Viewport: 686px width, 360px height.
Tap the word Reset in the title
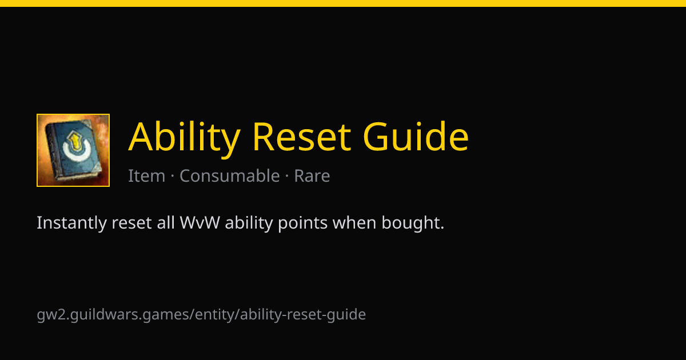301,137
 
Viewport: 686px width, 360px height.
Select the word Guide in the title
416,136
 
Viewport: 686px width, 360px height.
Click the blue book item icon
73,150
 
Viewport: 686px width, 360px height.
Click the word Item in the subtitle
146,176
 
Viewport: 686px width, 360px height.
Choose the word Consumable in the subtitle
230,176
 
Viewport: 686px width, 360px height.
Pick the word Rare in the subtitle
312,176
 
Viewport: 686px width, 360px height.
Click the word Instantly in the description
71,223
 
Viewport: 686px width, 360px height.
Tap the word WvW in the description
200,222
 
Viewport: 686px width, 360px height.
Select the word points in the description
302,223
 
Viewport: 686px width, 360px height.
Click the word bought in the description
413,223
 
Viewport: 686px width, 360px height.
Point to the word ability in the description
249,223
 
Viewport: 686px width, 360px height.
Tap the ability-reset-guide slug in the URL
303,315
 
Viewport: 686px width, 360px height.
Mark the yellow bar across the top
343,3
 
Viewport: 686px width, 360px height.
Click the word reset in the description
131,223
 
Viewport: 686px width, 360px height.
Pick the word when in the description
354,222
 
